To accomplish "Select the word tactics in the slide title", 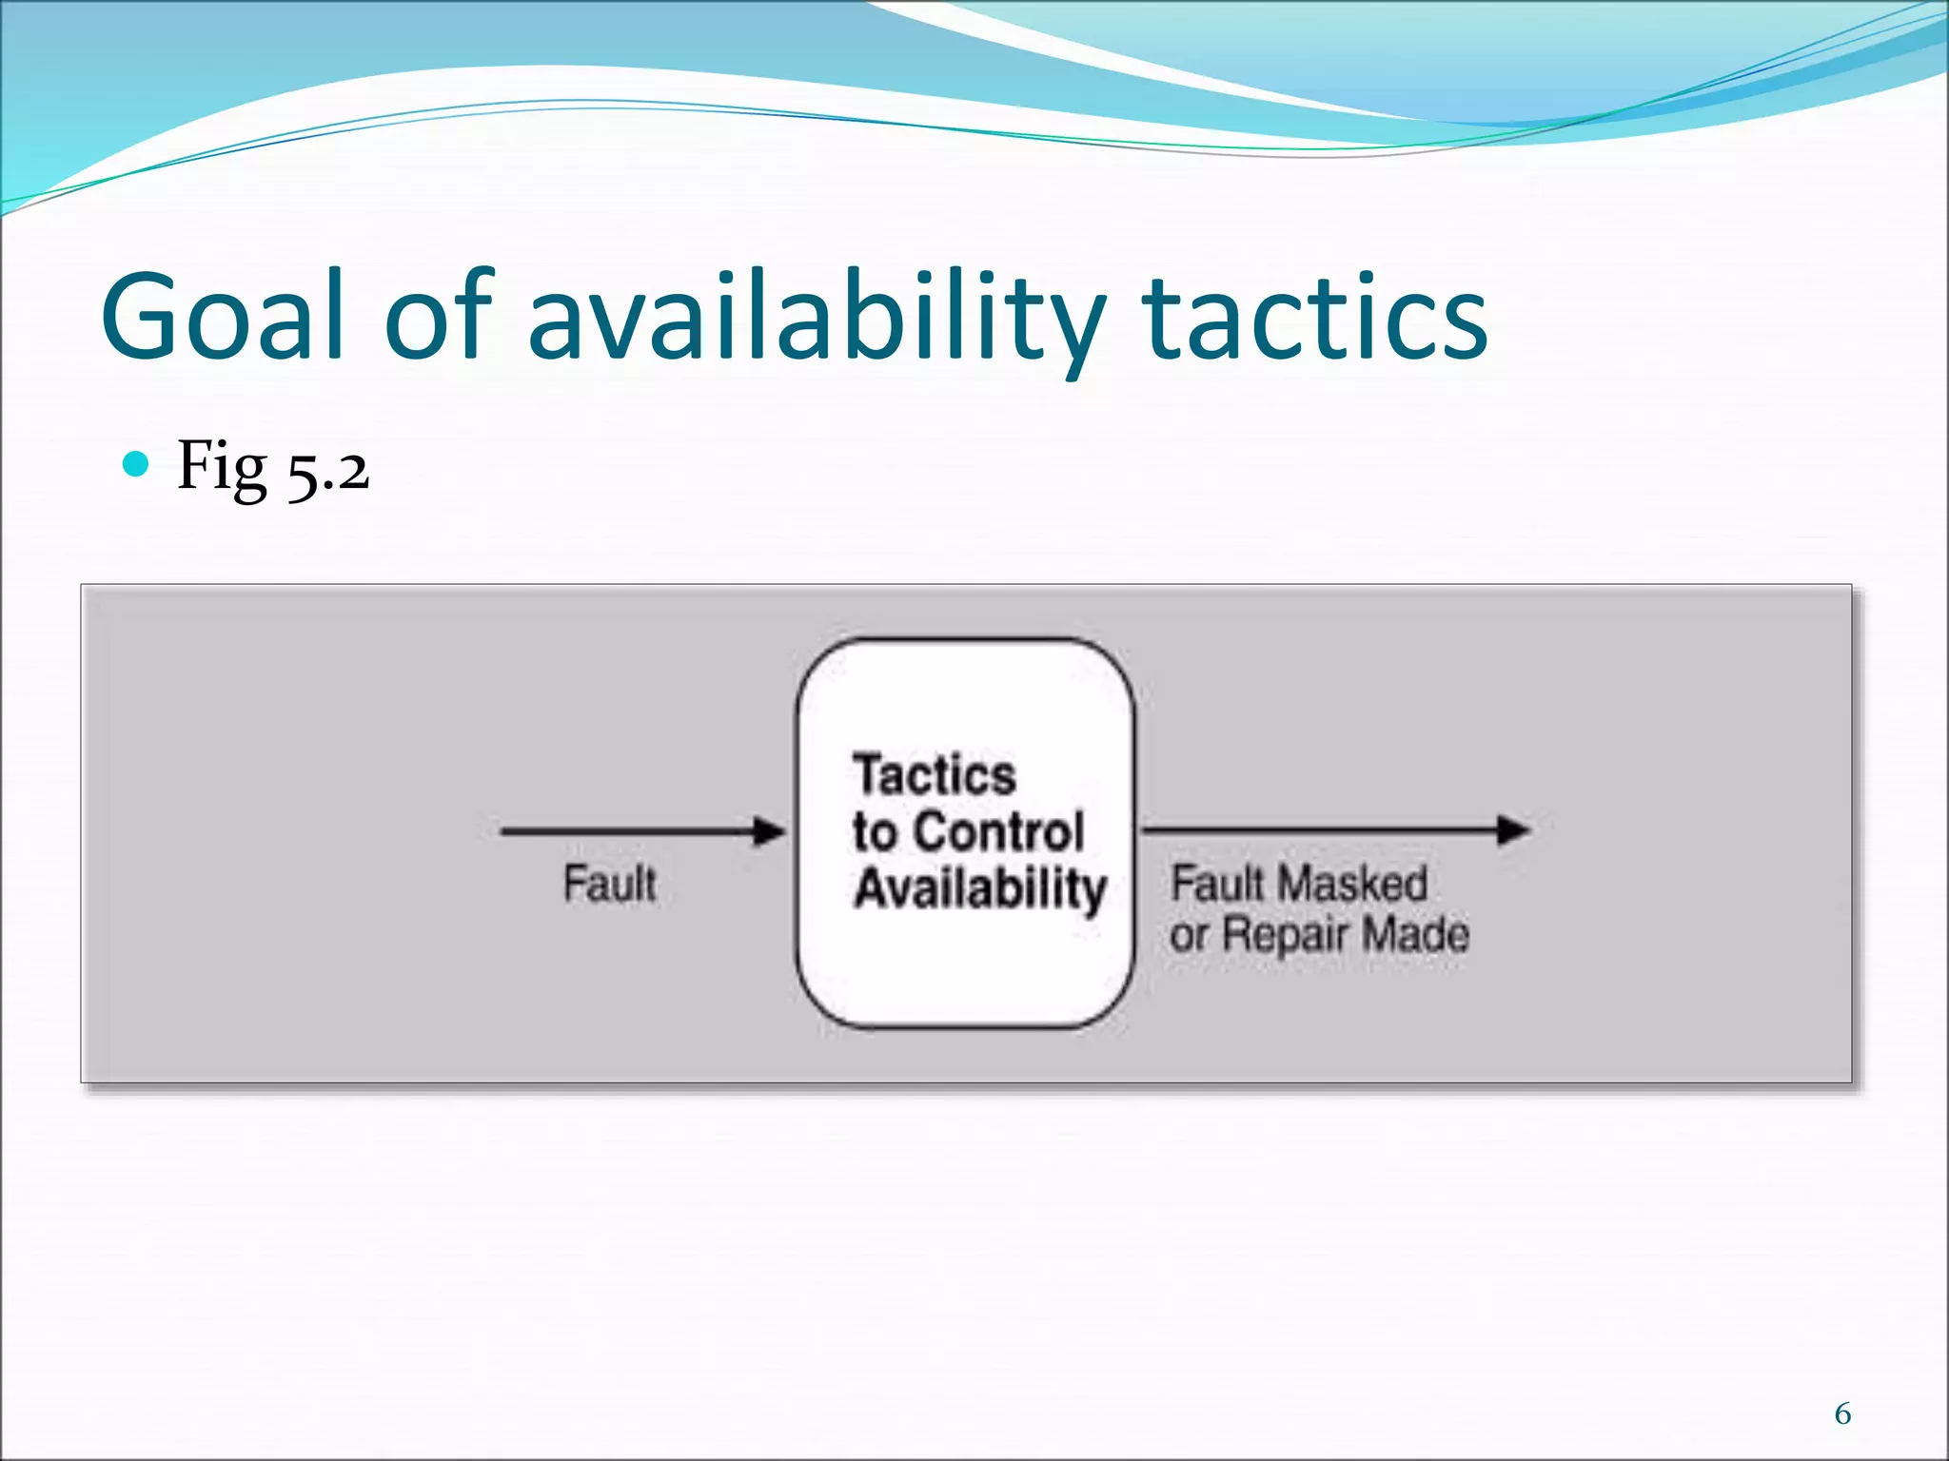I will pyautogui.click(x=1315, y=316).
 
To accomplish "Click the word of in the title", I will pyautogui.click(x=439, y=316).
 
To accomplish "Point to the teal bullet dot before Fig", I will pyautogui.click(x=137, y=464).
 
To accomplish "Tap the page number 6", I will pyautogui.click(x=1842, y=1414).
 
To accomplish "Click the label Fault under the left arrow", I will pyautogui.click(x=609, y=883).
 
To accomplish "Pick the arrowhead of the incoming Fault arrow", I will pyautogui.click(x=769, y=831).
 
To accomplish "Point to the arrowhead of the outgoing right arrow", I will pyautogui.click(x=1513, y=829).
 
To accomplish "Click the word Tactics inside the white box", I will pyautogui.click(x=935, y=774).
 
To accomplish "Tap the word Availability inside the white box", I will pyautogui.click(x=980, y=888).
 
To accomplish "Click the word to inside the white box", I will pyautogui.click(x=875, y=831).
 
